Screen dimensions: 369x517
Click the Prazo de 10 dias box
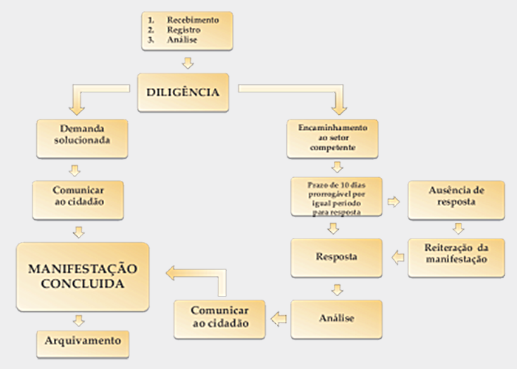(336, 197)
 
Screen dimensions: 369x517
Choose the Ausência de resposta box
(456, 197)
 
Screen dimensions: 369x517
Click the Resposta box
(336, 258)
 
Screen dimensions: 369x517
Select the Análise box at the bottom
(336, 318)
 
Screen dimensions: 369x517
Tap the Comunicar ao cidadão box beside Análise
(220, 317)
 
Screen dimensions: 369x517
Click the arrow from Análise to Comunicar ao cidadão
(279, 319)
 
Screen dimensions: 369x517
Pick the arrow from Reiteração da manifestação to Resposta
(397, 257)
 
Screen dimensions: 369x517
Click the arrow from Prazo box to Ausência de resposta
(395, 201)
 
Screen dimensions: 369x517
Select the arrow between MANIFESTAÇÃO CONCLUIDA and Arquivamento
(79, 320)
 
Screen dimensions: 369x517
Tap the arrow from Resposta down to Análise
(337, 289)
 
